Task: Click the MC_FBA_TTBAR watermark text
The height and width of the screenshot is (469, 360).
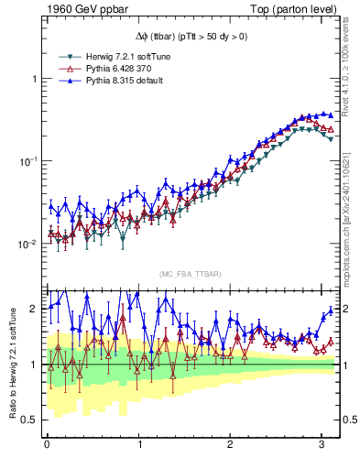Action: pos(190,274)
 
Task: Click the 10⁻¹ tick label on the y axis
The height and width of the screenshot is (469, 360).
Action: pos(28,161)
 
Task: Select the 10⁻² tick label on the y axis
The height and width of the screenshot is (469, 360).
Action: pos(28,244)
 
